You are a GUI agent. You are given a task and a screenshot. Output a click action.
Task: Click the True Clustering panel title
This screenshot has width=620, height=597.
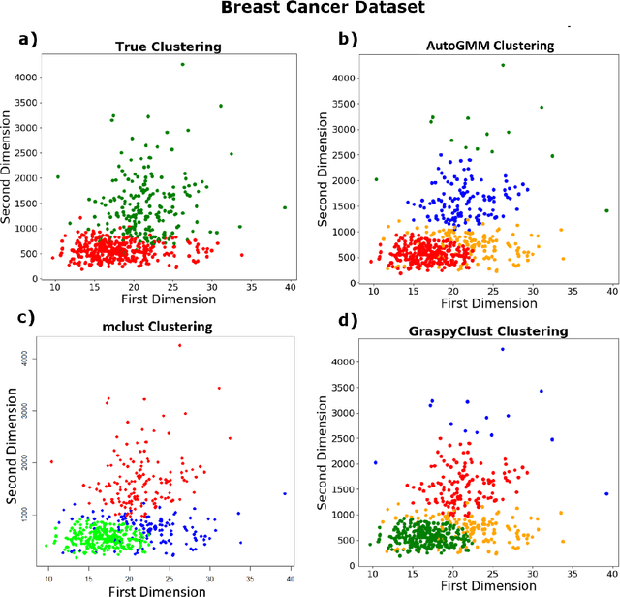pos(167,46)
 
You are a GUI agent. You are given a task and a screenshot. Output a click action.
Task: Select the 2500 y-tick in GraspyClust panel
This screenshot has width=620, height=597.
pos(340,438)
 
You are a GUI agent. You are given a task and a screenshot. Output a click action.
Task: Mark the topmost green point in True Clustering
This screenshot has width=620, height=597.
pos(182,65)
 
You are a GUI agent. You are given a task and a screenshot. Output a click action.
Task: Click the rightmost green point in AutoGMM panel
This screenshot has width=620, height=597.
pos(607,210)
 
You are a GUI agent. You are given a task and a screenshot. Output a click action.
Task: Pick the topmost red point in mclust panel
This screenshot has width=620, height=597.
pos(179,345)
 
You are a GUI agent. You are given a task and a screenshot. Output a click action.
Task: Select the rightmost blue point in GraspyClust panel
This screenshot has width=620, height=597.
pos(607,493)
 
